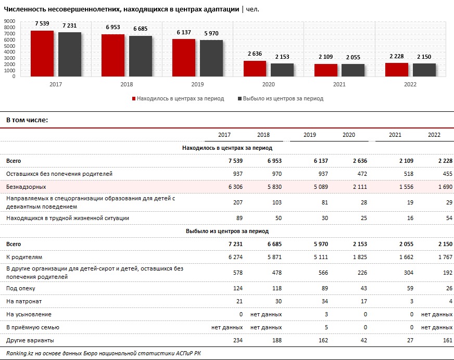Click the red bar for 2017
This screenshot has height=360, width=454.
(42, 54)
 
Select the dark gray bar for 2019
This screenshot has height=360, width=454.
(211, 58)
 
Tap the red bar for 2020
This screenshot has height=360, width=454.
(255, 69)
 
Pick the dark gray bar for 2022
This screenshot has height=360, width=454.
(424, 70)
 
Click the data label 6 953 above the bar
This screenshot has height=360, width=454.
(113, 27)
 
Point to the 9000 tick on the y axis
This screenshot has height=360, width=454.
(9, 21)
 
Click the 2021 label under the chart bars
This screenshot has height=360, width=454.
(339, 84)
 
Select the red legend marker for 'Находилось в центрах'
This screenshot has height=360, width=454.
(134, 99)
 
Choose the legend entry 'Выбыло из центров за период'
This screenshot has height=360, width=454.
(280, 98)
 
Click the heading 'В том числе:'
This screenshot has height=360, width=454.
(27, 120)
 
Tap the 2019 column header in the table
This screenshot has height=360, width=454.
(309, 135)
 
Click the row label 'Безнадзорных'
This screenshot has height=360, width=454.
(26, 187)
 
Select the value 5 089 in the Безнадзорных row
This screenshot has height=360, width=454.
(321, 187)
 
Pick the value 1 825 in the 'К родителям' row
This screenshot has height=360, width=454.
(360, 257)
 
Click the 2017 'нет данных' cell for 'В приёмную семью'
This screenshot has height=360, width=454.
(227, 327)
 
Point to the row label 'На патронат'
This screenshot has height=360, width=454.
(24, 301)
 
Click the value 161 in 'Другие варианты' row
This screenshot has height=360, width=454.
(448, 340)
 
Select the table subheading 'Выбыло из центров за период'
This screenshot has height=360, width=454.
(228, 231)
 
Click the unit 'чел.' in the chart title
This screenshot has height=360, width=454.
(253, 9)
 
